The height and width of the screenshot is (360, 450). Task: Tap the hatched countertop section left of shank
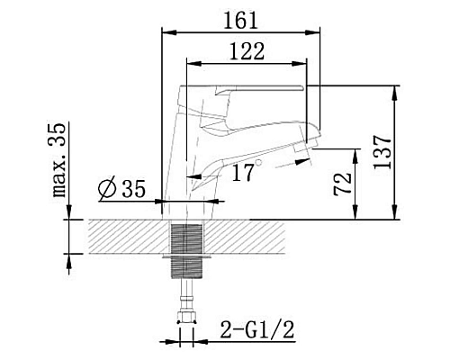[x=126, y=236]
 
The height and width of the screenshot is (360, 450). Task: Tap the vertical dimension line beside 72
[x=358, y=186]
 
